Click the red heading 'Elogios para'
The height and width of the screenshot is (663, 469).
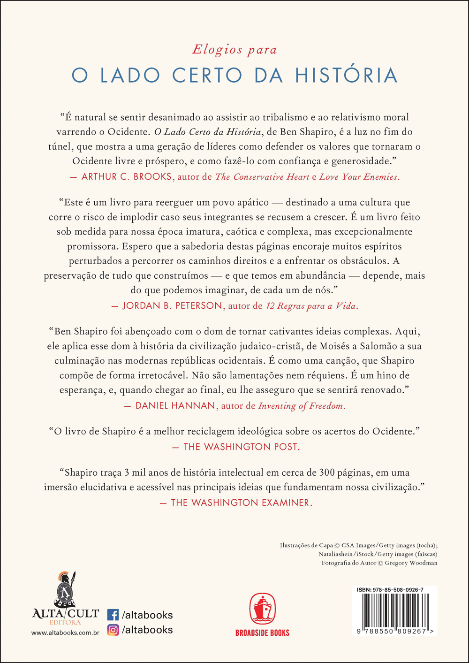point(234,50)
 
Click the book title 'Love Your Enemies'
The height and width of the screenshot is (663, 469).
point(358,177)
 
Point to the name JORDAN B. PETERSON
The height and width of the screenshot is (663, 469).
point(172,306)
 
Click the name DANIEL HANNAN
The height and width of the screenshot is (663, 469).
point(175,406)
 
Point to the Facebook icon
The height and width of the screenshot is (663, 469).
point(113,615)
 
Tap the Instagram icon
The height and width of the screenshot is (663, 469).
point(113,630)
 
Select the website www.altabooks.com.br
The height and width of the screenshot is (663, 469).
point(65,633)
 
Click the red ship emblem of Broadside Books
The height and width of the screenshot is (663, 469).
point(262,609)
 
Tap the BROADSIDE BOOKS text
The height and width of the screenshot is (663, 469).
point(262,633)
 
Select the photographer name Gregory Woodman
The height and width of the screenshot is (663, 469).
point(411,563)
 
